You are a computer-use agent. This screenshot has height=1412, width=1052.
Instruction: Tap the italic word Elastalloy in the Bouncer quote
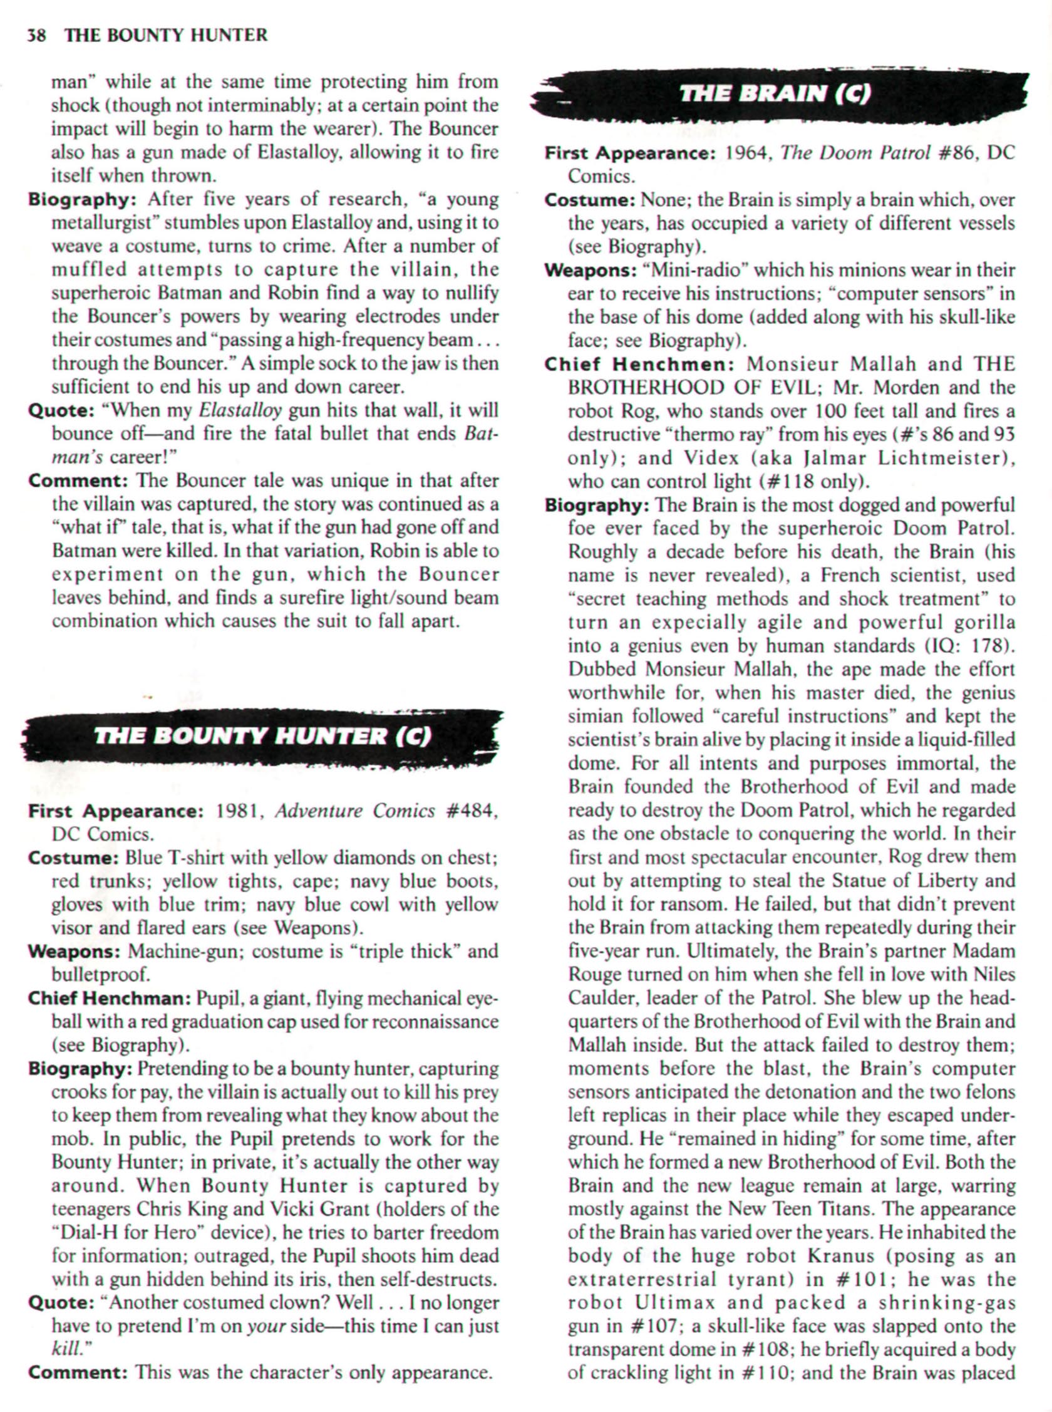(240, 411)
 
